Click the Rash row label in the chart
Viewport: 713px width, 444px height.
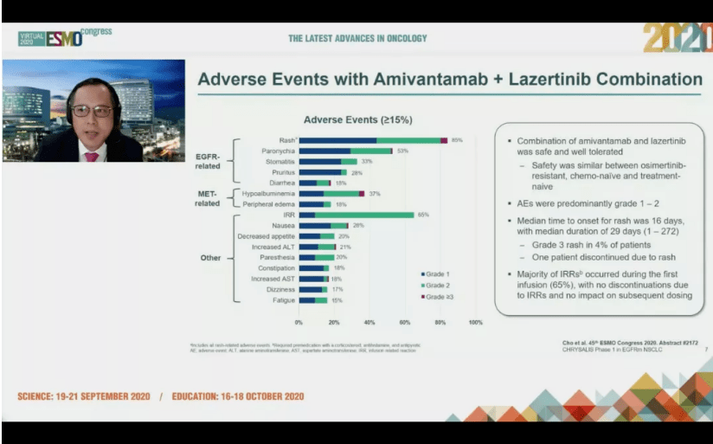[x=286, y=140]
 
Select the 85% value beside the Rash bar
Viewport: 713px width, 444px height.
[x=457, y=140]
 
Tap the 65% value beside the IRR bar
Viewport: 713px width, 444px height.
[x=423, y=215]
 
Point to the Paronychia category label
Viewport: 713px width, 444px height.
[x=277, y=151]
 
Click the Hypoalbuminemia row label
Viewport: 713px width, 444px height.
[x=269, y=193]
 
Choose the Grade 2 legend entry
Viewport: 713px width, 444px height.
[x=435, y=286]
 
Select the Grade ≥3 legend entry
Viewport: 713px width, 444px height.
[x=436, y=297]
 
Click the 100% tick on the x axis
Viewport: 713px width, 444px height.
[x=475, y=323]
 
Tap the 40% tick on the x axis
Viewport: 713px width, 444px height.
[x=369, y=323]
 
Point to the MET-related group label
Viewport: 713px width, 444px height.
[x=208, y=198]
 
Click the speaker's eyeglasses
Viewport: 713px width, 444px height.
[x=91, y=112]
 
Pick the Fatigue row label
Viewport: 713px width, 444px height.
[x=284, y=300]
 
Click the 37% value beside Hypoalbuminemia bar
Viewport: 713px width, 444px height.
[x=375, y=193]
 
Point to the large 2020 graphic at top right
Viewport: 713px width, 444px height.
[x=678, y=38]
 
